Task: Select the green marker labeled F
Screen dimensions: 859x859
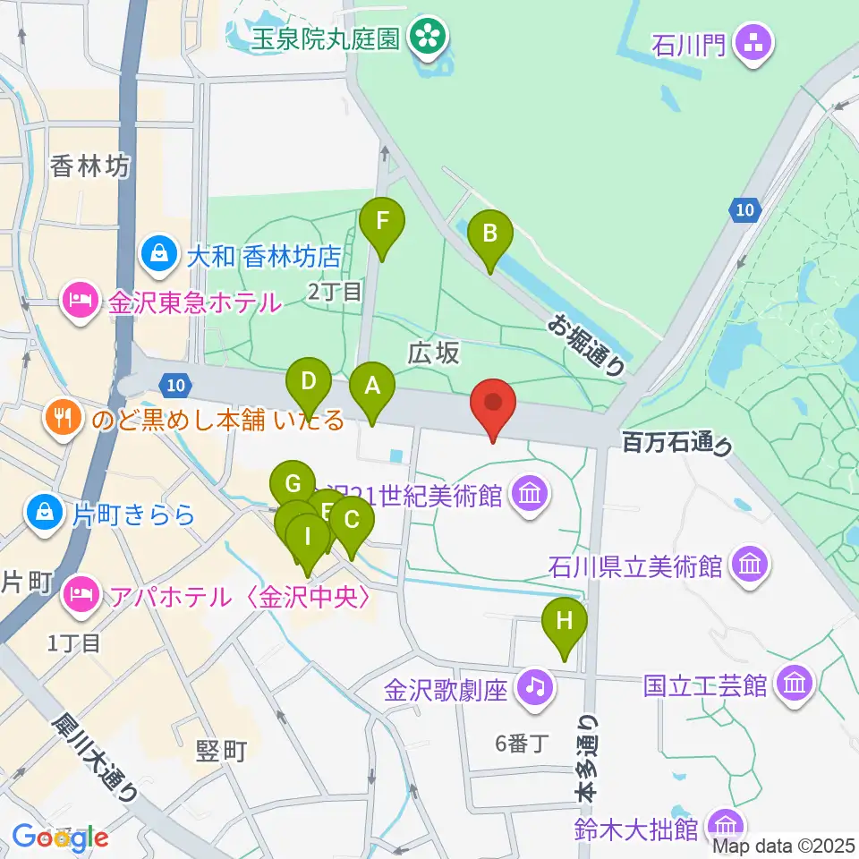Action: coord(382,220)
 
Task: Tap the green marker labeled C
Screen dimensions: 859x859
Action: coord(351,520)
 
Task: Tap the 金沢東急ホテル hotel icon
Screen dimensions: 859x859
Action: coord(81,302)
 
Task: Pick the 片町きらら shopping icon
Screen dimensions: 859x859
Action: coord(44,512)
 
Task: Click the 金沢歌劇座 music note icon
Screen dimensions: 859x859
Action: coord(534,687)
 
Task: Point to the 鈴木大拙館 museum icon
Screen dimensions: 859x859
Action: coord(723,824)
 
